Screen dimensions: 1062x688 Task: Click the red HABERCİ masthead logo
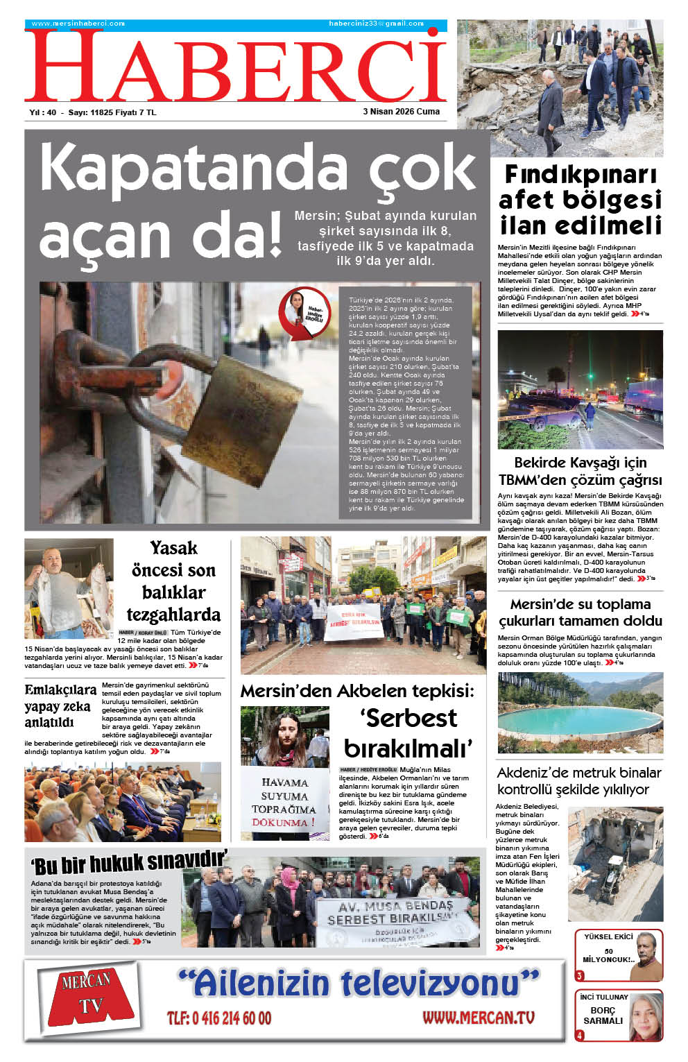236,66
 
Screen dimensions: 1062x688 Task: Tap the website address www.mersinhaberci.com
78,24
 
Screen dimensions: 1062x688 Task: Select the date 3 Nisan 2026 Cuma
401,111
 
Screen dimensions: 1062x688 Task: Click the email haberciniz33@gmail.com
376,24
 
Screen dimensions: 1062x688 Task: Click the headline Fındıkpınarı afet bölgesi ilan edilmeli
580,200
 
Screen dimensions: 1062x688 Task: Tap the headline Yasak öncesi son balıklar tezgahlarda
173,581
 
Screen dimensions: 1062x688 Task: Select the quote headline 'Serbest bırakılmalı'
409,733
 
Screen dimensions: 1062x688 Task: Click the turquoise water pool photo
580,713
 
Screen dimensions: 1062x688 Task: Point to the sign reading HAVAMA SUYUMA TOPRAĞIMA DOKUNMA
284,802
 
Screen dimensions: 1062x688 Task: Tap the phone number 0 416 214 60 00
219,1018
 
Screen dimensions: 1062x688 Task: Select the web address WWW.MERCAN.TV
479,1018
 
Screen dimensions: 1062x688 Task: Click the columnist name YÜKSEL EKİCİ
608,936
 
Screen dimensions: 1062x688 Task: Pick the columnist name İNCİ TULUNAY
603,997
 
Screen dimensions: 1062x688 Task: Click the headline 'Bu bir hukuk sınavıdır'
129,863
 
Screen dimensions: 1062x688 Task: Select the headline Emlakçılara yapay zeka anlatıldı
60,706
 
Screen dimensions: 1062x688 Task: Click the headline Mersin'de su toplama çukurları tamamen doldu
580,613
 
